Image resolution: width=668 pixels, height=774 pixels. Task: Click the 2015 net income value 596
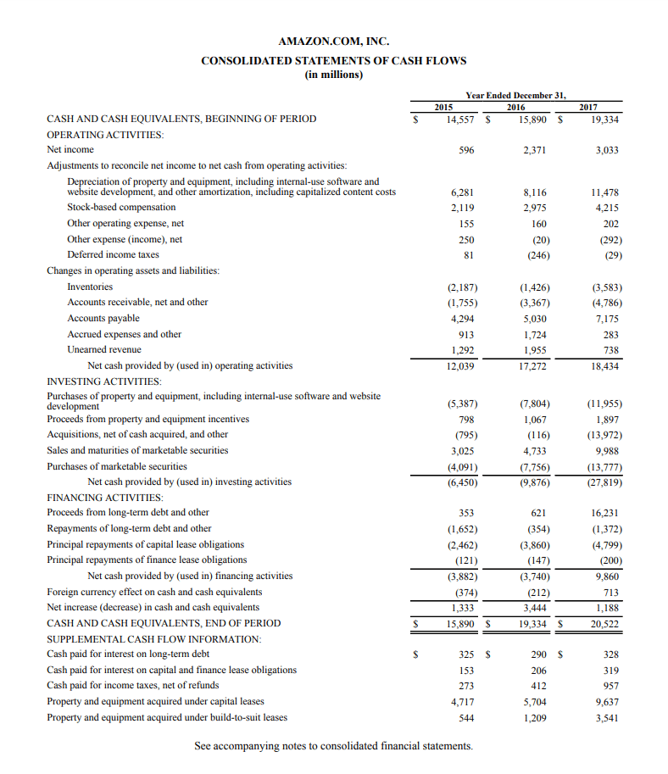click(465, 150)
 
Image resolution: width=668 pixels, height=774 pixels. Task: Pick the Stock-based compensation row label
click(121, 207)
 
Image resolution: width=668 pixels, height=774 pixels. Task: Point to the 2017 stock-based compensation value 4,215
click(606, 207)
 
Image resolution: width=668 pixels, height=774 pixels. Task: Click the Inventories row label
click(90, 287)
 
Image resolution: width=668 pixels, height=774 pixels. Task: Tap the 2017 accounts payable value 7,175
click(606, 319)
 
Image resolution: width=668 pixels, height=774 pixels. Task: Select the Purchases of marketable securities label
click(117, 466)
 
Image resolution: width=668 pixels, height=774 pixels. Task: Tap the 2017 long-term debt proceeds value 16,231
click(604, 513)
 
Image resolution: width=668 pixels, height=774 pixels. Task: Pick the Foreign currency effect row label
click(154, 592)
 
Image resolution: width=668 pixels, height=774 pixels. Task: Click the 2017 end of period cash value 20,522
click(604, 624)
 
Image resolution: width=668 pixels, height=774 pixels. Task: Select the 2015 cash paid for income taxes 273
click(465, 685)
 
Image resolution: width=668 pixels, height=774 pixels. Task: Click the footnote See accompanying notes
click(333, 746)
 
